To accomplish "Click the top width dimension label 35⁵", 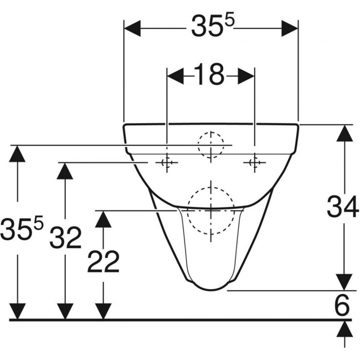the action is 212,25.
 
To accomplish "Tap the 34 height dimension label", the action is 342,207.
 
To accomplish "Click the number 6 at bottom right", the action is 342,304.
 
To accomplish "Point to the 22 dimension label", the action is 104,261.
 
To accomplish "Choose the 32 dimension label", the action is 66,238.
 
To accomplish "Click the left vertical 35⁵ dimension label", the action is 22,228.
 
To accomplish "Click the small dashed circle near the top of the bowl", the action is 211,145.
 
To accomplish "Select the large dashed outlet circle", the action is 211,210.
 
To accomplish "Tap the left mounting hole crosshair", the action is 167,162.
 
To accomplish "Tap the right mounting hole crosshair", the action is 254,162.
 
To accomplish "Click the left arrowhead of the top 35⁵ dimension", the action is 132,28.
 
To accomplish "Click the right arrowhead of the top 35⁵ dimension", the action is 290,28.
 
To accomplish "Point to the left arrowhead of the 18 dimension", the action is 176,76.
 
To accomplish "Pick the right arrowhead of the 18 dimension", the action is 246,76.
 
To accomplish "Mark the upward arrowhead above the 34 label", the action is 344,133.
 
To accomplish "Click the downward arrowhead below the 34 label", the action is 344,282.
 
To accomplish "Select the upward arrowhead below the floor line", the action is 344,329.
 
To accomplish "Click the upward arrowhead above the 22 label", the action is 104,219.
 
